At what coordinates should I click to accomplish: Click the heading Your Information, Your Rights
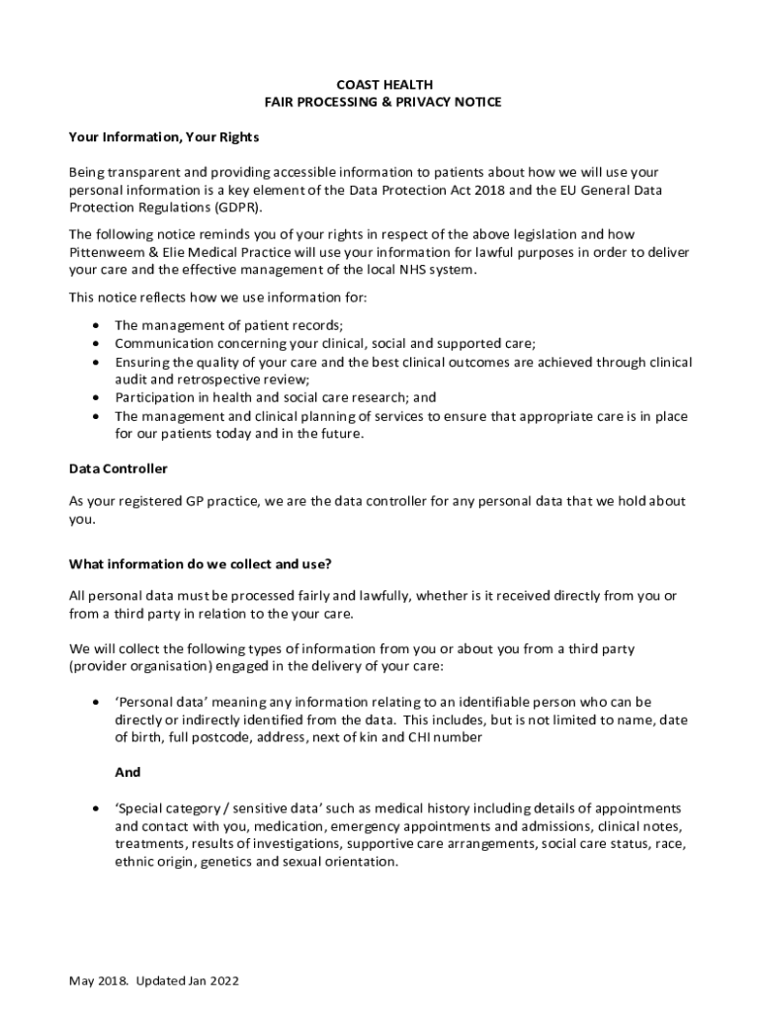click(163, 136)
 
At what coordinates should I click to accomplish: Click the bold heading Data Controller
click(118, 468)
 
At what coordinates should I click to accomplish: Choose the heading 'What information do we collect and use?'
click(200, 564)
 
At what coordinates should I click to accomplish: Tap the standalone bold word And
click(127, 773)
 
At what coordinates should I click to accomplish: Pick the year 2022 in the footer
click(223, 981)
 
